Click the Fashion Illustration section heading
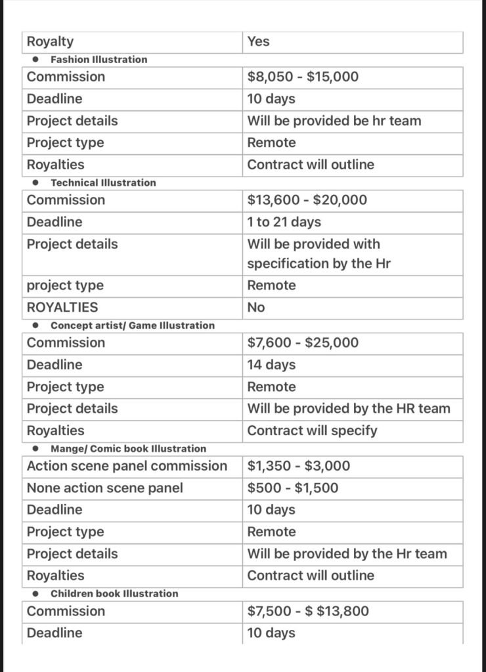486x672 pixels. coord(99,60)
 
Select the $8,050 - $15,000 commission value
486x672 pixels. coord(303,77)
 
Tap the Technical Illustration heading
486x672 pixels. coord(103,183)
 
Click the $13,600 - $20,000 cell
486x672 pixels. coord(307,200)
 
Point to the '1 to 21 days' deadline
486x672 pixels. coord(284,222)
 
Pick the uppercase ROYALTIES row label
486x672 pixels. coord(62,307)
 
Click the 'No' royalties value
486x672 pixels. coord(256,307)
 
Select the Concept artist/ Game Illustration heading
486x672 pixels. coord(132,325)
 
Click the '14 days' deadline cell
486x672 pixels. coord(271,365)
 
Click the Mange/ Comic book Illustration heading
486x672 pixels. coord(128,449)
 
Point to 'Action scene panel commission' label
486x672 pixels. coord(127,467)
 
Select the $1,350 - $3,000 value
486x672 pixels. coord(298,467)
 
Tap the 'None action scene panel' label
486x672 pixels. coord(105,488)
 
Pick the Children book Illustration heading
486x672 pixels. coord(114,594)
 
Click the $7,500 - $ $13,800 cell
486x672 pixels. coord(308,612)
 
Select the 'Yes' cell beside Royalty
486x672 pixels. coord(258,42)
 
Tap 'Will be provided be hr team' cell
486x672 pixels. coord(334,121)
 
